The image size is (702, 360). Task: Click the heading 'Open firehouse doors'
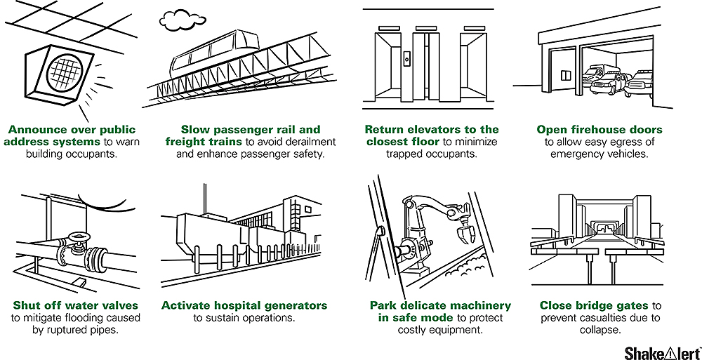pos(599,130)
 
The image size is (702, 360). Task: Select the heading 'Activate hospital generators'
pos(244,305)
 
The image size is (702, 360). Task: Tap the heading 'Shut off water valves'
pos(75,305)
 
